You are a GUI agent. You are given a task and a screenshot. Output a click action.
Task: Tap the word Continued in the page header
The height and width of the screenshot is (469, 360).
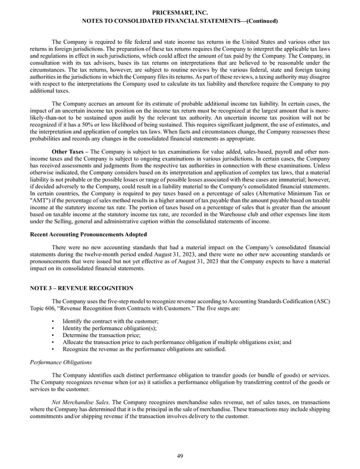(x=258, y=21)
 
